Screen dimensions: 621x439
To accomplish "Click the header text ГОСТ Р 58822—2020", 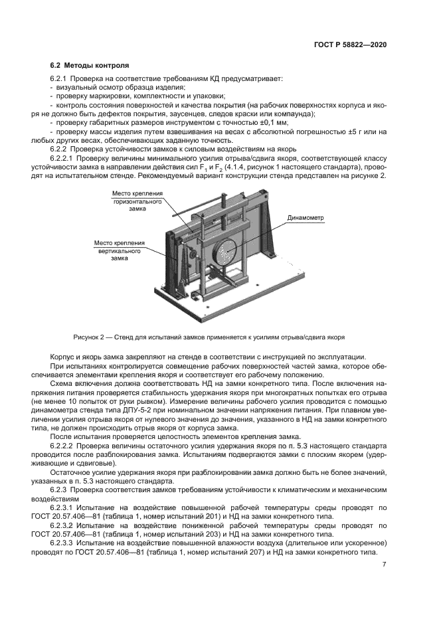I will [x=349, y=44].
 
